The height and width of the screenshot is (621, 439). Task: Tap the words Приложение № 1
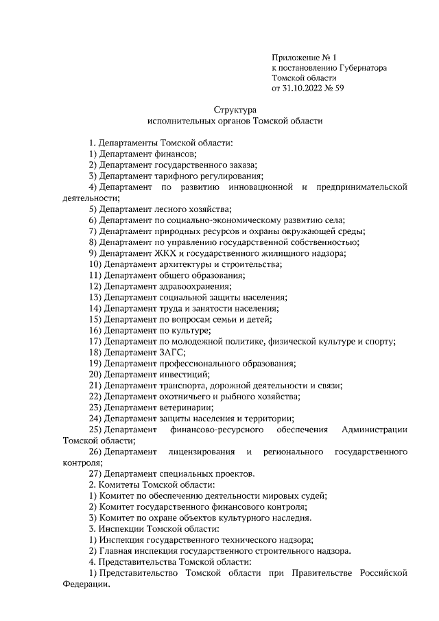[305, 58]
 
